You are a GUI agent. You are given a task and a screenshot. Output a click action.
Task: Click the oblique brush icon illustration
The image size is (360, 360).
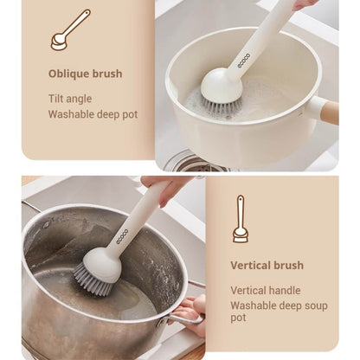click(x=70, y=30)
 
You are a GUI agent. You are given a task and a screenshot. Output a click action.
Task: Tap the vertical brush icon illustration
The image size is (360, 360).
click(x=241, y=219)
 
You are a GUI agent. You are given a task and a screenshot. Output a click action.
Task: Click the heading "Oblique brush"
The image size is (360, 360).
click(x=85, y=74)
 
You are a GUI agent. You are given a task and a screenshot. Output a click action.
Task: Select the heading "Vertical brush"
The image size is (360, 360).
click(x=267, y=266)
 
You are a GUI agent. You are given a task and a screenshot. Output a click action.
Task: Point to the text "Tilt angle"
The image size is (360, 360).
click(x=70, y=99)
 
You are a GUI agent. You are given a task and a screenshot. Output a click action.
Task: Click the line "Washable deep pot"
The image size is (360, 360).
click(x=93, y=114)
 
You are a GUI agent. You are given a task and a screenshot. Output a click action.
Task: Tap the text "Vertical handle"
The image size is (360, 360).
click(x=266, y=291)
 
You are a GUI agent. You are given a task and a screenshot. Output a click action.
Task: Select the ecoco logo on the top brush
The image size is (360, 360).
click(x=244, y=61)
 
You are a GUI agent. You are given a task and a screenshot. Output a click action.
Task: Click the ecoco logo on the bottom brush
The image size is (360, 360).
click(x=122, y=237)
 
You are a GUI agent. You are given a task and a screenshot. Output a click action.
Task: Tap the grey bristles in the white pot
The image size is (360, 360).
click(x=220, y=105)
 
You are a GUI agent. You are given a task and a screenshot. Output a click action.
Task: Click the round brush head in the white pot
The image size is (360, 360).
click(x=221, y=84)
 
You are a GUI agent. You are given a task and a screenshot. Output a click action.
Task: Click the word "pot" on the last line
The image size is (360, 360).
click(x=238, y=318)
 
